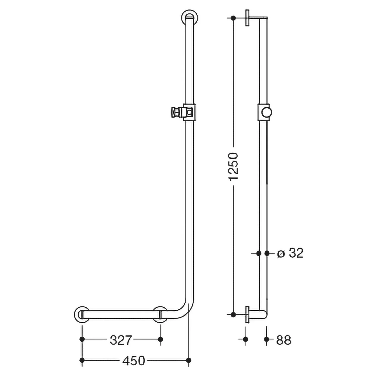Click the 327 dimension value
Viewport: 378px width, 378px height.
(121, 340)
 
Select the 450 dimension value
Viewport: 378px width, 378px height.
(134, 361)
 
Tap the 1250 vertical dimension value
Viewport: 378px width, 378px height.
(233, 167)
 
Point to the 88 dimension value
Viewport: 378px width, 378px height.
(283, 340)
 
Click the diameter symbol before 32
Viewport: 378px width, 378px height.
(281, 254)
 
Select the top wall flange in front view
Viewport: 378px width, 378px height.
(190, 18)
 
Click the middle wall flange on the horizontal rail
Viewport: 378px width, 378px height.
(160, 314)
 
